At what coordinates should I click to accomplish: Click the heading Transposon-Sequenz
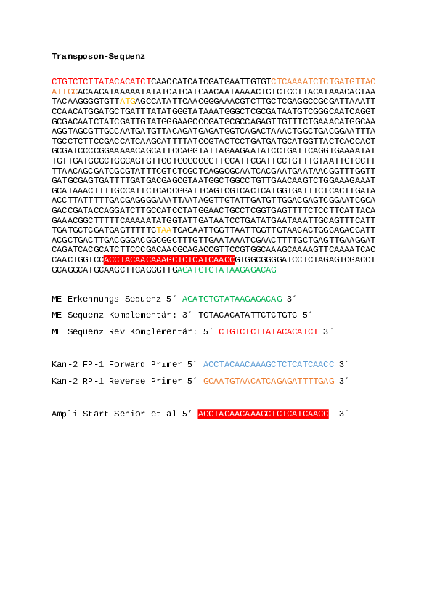pos(98,56)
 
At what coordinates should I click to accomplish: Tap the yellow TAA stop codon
pos(164,230)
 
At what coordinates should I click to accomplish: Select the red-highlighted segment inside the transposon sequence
pos(169,259)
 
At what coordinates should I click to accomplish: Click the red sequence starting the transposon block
pos(102,81)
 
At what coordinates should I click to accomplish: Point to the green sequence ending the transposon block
pos(227,270)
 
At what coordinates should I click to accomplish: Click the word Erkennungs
pos(93,299)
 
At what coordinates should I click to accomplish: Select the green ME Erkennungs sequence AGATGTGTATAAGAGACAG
pos(232,299)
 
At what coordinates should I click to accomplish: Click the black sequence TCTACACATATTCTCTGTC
pos(248,315)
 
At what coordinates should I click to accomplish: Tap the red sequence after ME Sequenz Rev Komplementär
pos(268,331)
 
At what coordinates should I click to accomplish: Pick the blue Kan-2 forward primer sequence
pos(269,365)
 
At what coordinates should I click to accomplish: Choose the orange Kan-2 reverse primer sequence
pos(269,381)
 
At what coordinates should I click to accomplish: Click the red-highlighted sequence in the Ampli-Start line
pos(263,414)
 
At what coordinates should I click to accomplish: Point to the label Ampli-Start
pos(80,414)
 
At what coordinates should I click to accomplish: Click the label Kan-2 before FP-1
pos(65,365)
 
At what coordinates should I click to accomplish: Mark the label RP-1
pos(93,381)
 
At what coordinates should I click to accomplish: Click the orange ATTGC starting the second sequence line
pos(65,92)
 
